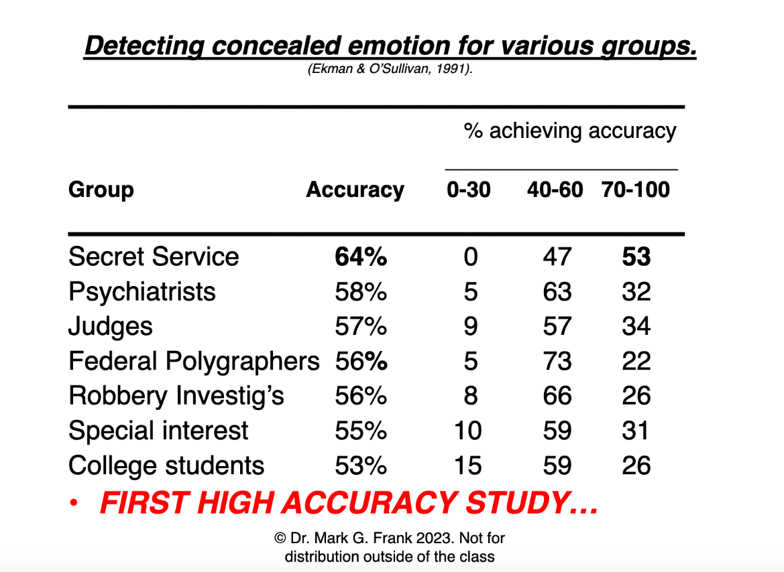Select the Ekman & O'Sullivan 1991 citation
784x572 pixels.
point(390,69)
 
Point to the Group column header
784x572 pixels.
point(101,190)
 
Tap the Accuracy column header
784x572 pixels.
point(355,190)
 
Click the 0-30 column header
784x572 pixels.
point(468,190)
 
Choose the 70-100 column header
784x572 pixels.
point(635,190)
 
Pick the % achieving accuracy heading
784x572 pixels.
point(569,131)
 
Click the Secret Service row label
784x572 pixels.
point(154,257)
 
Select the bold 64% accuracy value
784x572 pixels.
point(361,257)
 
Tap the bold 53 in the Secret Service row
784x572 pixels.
point(636,257)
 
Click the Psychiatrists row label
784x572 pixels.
point(142,292)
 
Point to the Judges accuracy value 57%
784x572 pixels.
point(361,327)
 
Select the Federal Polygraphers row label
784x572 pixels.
point(194,362)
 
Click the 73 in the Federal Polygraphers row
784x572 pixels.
point(557,362)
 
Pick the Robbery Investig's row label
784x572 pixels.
point(176,397)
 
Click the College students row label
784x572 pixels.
point(166,466)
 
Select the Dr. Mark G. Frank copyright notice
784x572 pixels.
point(390,547)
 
